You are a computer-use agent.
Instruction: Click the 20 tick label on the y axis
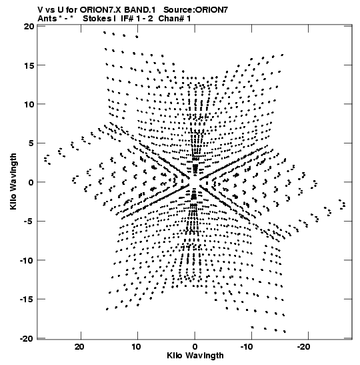pos(29,26)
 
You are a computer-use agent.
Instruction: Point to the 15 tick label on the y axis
pos(29,65)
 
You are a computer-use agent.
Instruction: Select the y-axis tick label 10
pos(29,104)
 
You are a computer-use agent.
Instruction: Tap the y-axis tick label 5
pos(31,143)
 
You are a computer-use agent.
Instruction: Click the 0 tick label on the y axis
pos(31,182)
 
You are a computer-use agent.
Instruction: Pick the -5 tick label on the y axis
pos(29,221)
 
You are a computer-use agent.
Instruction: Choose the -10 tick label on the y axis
pos(27,260)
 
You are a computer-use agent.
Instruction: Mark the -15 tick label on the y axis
pos(27,299)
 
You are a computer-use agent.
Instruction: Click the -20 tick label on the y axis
pos(27,338)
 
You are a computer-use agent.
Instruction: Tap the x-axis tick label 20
pos(79,347)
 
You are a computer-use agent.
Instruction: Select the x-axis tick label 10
pos(137,347)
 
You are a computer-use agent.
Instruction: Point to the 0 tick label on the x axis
pos(195,347)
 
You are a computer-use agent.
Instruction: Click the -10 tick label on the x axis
pos(249,347)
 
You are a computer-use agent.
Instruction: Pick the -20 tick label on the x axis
pos(307,347)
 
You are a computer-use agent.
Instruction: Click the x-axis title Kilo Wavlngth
pos(195,356)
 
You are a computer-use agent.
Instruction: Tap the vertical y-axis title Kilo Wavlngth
pos(13,181)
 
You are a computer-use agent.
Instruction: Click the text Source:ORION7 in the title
pos(196,10)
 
